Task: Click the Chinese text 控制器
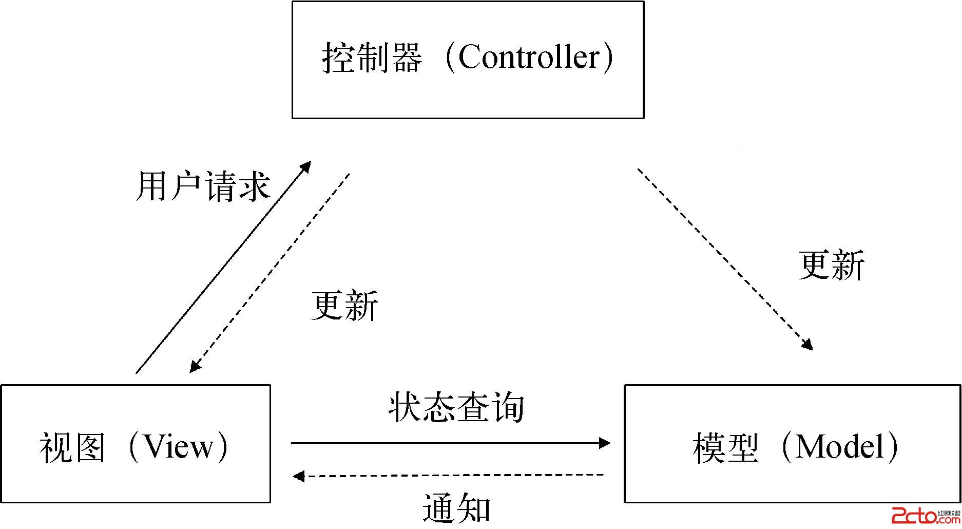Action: (372, 58)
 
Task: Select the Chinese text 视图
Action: (72, 447)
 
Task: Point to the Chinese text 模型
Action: (725, 447)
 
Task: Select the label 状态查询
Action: (456, 408)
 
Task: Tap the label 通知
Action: (456, 508)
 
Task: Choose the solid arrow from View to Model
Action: (447, 443)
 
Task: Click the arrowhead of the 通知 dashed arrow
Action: (298, 476)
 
